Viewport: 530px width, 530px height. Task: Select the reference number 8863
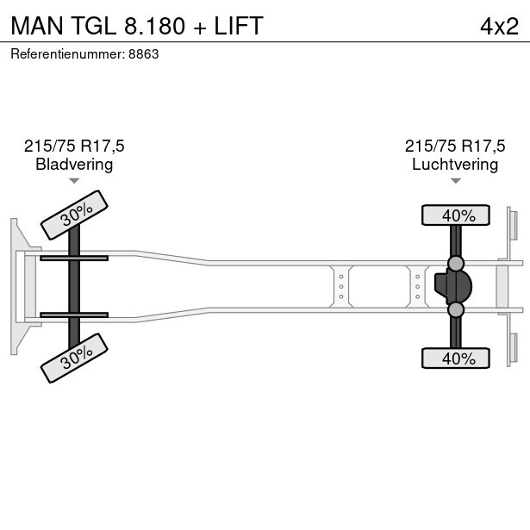click(143, 53)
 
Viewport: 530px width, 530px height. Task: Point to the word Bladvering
click(74, 165)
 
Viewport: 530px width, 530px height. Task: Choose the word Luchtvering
click(455, 165)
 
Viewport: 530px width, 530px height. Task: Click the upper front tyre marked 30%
click(76, 215)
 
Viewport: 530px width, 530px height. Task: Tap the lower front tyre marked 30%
click(76, 358)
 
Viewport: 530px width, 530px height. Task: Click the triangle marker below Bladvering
click(74, 181)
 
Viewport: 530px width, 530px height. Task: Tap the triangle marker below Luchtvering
click(455, 181)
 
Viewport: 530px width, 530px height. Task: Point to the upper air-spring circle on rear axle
click(456, 263)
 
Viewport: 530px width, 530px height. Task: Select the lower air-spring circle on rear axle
click(456, 309)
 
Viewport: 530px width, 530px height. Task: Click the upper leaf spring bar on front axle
click(74, 258)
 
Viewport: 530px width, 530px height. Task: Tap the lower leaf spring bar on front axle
click(74, 315)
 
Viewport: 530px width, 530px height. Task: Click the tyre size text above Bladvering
click(74, 147)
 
